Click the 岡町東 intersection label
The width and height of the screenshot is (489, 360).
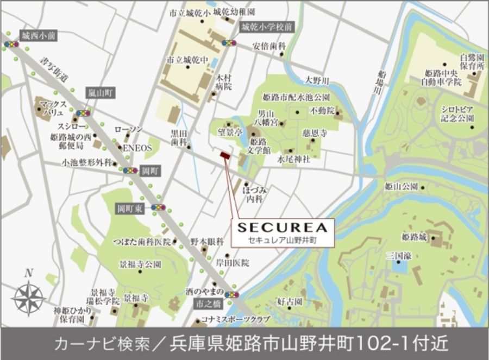pyautogui.click(x=131, y=208)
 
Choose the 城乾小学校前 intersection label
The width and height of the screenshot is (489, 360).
pyautogui.click(x=267, y=27)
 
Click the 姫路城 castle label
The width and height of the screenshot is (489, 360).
pyautogui.click(x=415, y=237)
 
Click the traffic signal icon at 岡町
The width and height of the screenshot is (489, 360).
pyautogui.click(x=130, y=170)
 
